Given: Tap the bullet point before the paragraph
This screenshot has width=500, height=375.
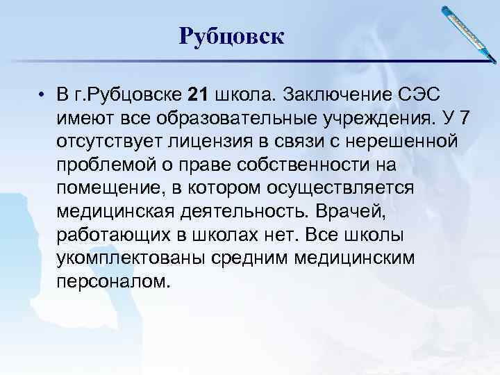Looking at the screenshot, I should pyautogui.click(x=42, y=95).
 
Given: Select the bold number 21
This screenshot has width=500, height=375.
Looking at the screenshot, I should pyautogui.click(x=199, y=94).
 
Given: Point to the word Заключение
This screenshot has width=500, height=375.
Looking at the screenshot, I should pyautogui.click(x=328, y=94).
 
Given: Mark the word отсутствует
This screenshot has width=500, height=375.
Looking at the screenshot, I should pyautogui.click(x=112, y=142).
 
